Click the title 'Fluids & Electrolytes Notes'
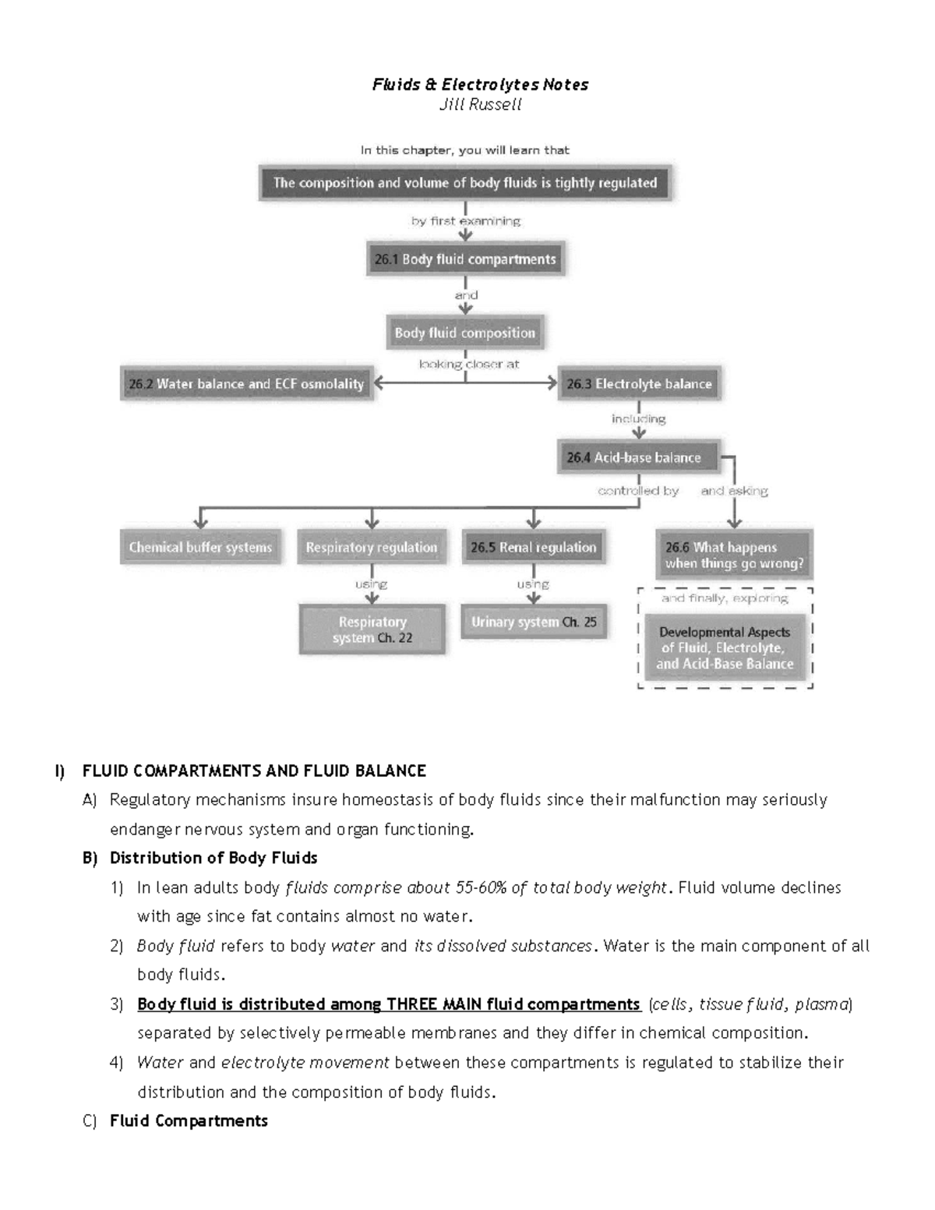pyautogui.click(x=480, y=84)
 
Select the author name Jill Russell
pyautogui.click(x=480, y=104)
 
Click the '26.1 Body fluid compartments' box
pyautogui.click(x=465, y=259)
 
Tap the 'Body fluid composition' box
pyautogui.click(x=465, y=333)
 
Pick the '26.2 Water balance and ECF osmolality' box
pyautogui.click(x=246, y=384)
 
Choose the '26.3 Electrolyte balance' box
pyautogui.click(x=639, y=384)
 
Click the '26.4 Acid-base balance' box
pyautogui.click(x=638, y=457)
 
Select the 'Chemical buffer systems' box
pyautogui.click(x=200, y=548)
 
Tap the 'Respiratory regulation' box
pyautogui.click(x=372, y=548)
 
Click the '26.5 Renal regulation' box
pyautogui.click(x=533, y=548)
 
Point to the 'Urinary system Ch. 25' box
pyautogui.click(x=534, y=622)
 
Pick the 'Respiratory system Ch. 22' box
pyautogui.click(x=372, y=630)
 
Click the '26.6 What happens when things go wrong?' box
pyautogui.click(x=734, y=556)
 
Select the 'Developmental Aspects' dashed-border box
pyautogui.click(x=725, y=648)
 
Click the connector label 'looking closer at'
pyautogui.click(x=469, y=364)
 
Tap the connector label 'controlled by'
pyautogui.click(x=638, y=491)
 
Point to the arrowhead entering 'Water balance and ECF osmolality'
pyautogui.click(x=379, y=383)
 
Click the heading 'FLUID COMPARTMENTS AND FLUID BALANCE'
pyautogui.click(x=254, y=771)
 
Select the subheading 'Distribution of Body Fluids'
pyautogui.click(x=213, y=858)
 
